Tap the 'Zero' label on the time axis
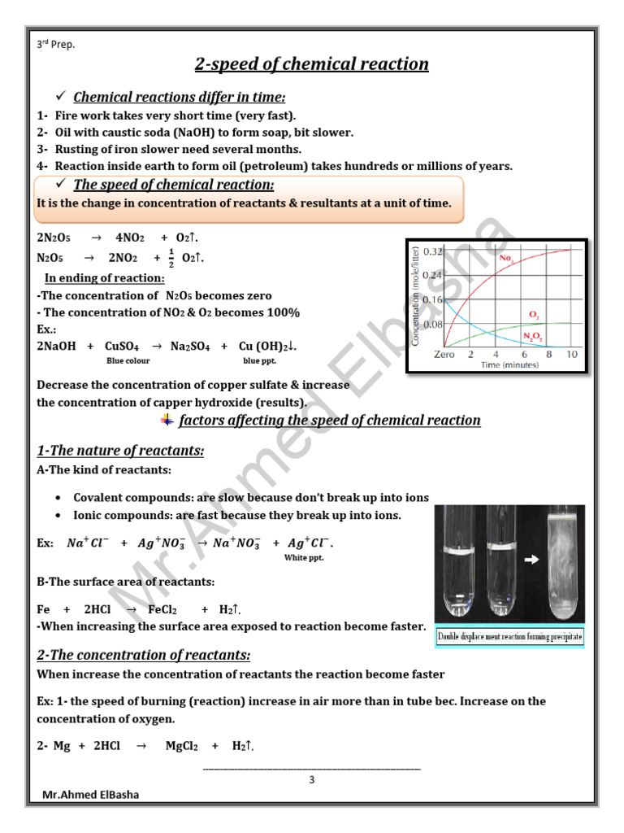pyautogui.click(x=444, y=355)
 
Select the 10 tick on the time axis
pyautogui.click(x=572, y=355)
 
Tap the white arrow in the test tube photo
pyautogui.click(x=531, y=560)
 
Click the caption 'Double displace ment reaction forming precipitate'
pyautogui.click(x=509, y=637)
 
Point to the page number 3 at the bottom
pyautogui.click(x=311, y=779)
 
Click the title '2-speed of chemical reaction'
pyautogui.click(x=312, y=64)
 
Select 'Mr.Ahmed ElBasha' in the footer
pyautogui.click(x=85, y=795)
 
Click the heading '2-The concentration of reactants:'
pyautogui.click(x=144, y=655)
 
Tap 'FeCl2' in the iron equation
pyautogui.click(x=162, y=609)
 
